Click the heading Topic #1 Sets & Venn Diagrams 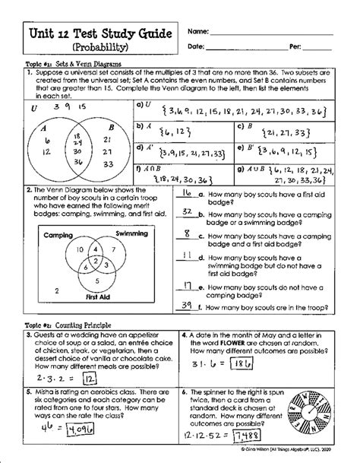point(72,66)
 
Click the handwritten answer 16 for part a point(186,193)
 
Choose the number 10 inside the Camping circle point(69,250)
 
